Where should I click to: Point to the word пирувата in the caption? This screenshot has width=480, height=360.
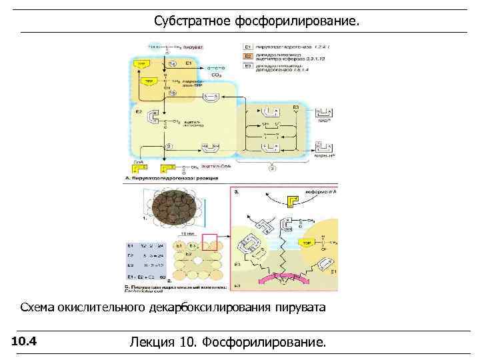[301, 307]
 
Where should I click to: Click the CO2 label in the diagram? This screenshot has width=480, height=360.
[216, 75]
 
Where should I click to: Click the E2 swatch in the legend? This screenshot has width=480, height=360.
[247, 57]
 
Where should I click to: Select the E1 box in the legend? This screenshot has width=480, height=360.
[247, 47]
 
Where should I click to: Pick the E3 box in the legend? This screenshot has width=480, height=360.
[247, 66]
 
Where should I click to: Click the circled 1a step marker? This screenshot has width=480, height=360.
[173, 63]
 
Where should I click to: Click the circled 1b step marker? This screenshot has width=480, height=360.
[173, 93]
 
